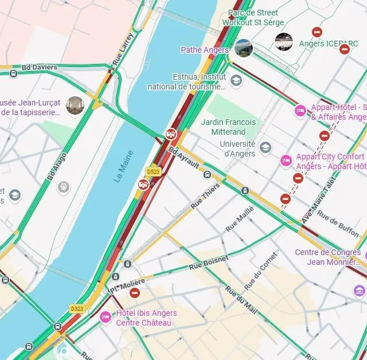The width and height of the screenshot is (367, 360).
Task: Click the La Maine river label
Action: tap(124, 166)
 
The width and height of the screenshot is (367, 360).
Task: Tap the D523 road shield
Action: tap(153, 171)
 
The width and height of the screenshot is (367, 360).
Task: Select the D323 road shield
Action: tap(77, 308)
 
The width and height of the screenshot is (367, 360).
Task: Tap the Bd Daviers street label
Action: tap(40, 68)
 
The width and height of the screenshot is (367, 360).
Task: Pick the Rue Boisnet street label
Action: tap(209, 263)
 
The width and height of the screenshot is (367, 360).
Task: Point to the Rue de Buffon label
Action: tap(338, 224)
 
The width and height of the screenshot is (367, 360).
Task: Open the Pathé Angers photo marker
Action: tap(244, 49)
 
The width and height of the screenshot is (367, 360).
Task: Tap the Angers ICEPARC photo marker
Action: tap(284, 42)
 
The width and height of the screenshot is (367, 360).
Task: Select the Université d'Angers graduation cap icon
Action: tap(265, 148)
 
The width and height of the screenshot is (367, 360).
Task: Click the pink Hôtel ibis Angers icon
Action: tap(106, 317)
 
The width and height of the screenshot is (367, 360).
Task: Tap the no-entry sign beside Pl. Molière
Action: tap(135, 293)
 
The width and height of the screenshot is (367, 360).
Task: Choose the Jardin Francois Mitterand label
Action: tap(228, 127)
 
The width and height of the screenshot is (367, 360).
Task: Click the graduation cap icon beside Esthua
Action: tap(236, 81)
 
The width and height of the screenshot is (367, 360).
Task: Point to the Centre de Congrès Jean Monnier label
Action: tap(329, 257)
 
